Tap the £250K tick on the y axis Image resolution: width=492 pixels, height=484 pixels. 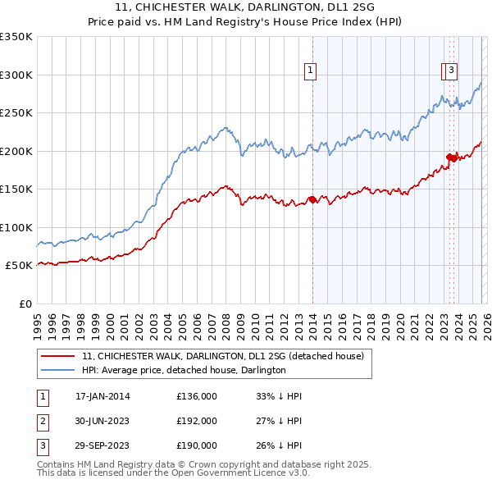pyautogui.click(x=16, y=113)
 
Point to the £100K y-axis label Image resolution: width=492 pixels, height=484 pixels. pyautogui.click(x=16, y=227)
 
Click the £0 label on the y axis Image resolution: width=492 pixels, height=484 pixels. pyautogui.click(x=25, y=304)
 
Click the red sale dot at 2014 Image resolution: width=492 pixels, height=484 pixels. pyautogui.click(x=312, y=199)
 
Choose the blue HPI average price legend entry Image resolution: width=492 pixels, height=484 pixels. pyautogui.click(x=184, y=370)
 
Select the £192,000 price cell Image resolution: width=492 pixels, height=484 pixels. pyautogui.click(x=197, y=421)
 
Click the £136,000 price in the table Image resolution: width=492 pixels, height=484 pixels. pyautogui.click(x=197, y=396)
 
